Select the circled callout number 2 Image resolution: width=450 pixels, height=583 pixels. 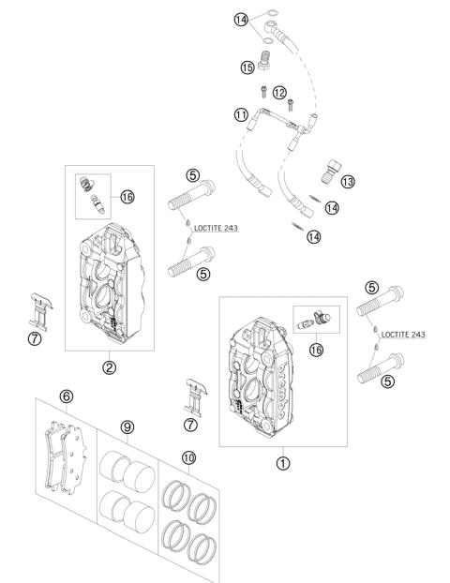click(110, 366)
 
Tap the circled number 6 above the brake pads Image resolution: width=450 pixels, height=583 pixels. click(66, 396)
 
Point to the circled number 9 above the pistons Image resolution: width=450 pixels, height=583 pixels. click(127, 426)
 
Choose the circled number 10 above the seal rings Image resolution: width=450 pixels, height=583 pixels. click(189, 457)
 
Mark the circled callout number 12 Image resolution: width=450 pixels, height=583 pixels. click(278, 92)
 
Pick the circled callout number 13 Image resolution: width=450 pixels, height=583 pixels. click(348, 181)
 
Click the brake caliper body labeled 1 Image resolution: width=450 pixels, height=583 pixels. click(266, 375)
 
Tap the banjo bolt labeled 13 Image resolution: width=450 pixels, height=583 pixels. click(330, 172)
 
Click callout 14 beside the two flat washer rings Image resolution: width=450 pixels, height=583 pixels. click(242, 20)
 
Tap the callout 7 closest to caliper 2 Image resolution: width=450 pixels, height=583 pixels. click(34, 339)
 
